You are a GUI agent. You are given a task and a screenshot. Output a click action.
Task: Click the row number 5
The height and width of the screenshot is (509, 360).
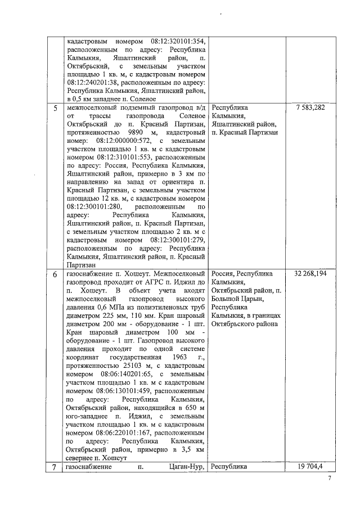pos(55,109)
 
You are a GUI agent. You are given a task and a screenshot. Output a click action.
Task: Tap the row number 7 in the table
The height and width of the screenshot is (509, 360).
pos(55,467)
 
